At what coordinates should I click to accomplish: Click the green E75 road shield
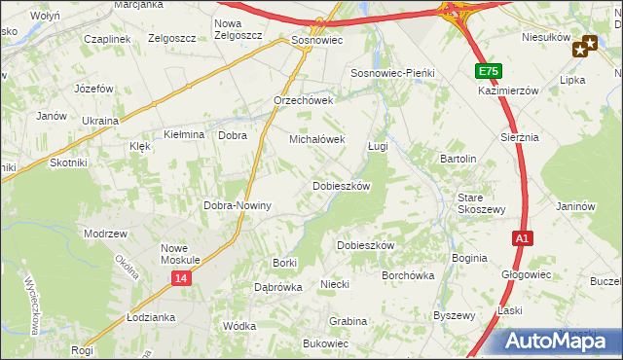[x=489, y=72]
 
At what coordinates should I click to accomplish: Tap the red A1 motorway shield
[x=522, y=238]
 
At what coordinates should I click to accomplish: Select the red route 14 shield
[x=181, y=278]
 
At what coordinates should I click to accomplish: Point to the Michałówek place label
[x=317, y=139]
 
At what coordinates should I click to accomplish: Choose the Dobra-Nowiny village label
[x=237, y=206]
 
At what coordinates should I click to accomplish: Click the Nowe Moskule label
[x=180, y=254]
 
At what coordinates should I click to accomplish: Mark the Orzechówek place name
[x=304, y=100]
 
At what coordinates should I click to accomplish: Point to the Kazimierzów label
[x=508, y=90]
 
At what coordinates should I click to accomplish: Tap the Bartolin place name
[x=458, y=158]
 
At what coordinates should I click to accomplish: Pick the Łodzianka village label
[x=150, y=318]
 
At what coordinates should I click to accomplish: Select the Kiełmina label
[x=184, y=135]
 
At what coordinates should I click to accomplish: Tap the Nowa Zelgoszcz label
[x=241, y=29]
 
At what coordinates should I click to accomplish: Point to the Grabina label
[x=348, y=320]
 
